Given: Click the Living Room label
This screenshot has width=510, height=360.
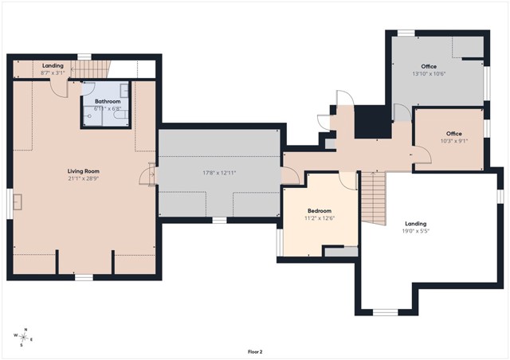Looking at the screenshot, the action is pyautogui.click(x=83, y=171).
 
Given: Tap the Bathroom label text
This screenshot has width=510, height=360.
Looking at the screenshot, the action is pyautogui.click(x=108, y=101).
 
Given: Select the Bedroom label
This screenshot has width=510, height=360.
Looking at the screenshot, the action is pyautogui.click(x=320, y=211).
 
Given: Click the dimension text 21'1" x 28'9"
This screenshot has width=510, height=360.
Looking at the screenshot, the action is pyautogui.click(x=83, y=178).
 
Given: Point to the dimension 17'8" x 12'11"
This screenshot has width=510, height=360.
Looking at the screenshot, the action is pyautogui.click(x=219, y=173).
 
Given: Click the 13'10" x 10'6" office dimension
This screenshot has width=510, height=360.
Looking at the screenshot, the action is pyautogui.click(x=429, y=74).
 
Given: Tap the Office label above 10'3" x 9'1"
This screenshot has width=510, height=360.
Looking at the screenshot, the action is pyautogui.click(x=454, y=134).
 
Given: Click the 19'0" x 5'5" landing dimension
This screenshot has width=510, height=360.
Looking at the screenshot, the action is pyautogui.click(x=416, y=231).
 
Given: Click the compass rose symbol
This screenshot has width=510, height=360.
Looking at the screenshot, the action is pyautogui.click(x=23, y=337).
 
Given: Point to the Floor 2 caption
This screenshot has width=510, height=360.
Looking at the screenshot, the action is pyautogui.click(x=255, y=352).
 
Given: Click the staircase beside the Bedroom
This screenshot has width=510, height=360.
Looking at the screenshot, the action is pyautogui.click(x=374, y=198).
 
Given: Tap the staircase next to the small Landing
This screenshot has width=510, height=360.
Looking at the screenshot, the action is pyautogui.click(x=90, y=69).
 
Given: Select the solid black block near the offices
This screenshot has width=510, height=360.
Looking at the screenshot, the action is pyautogui.click(x=373, y=122).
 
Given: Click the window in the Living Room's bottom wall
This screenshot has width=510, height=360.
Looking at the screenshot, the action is pyautogui.click(x=84, y=277).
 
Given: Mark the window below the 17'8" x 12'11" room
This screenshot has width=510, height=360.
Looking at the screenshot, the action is pyautogui.click(x=220, y=220).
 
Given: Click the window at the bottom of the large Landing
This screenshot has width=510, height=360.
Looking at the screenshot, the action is pyautogui.click(x=385, y=312).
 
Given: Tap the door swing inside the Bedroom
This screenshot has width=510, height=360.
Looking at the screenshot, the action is pyautogui.click(x=347, y=181).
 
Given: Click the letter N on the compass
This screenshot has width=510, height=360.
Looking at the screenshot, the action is pyautogui.click(x=26, y=330).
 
